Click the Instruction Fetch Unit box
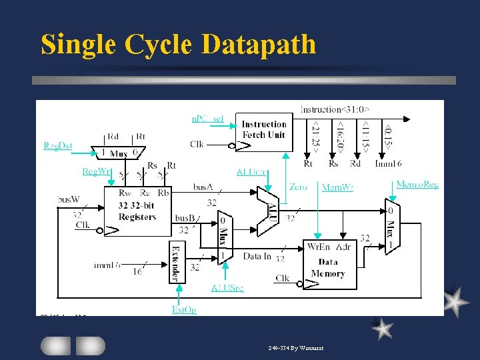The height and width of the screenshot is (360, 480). (263, 129)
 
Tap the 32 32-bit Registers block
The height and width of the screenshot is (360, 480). (137, 210)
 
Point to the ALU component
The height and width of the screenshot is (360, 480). (271, 211)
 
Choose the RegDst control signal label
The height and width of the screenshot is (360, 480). (57, 145)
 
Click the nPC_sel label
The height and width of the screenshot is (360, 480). (208, 118)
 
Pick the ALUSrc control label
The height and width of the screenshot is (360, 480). (227, 288)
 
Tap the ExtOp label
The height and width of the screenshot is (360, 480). (184, 309)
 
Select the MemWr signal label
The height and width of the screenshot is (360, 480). (337, 187)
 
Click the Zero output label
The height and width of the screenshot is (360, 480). (298, 187)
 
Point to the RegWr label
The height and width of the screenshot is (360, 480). (97, 171)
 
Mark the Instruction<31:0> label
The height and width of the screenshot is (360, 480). (335, 109)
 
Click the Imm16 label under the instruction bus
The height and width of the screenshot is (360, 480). (388, 163)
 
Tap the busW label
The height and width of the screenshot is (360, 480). (69, 199)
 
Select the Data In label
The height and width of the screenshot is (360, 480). (257, 256)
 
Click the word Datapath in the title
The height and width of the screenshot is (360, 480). (259, 44)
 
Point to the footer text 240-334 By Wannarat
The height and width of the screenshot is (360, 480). (295, 347)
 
